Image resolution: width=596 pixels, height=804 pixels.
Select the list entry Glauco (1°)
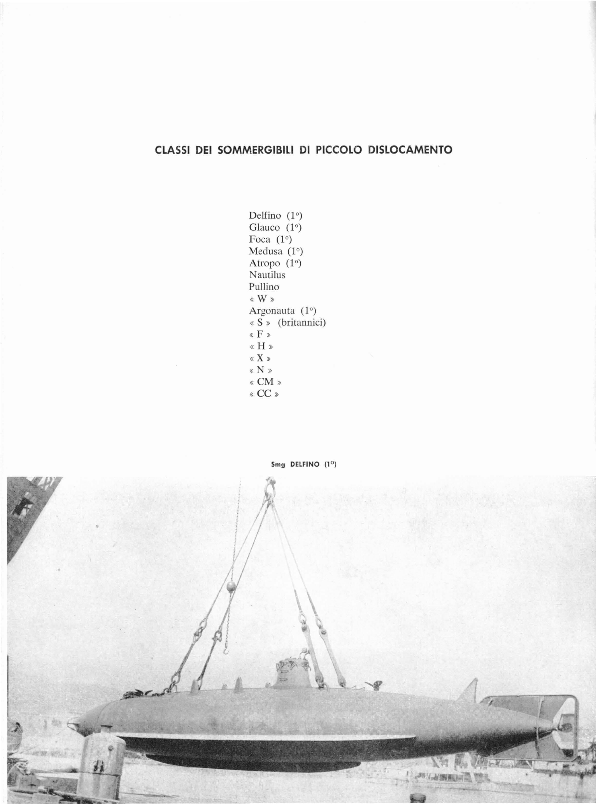(x=275, y=228)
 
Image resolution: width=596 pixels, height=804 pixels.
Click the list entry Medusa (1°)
(x=275, y=251)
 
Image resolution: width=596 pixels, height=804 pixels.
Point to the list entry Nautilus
(x=267, y=275)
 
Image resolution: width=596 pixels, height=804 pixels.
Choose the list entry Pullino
(x=264, y=287)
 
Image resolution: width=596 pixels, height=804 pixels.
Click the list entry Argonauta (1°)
(x=283, y=311)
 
